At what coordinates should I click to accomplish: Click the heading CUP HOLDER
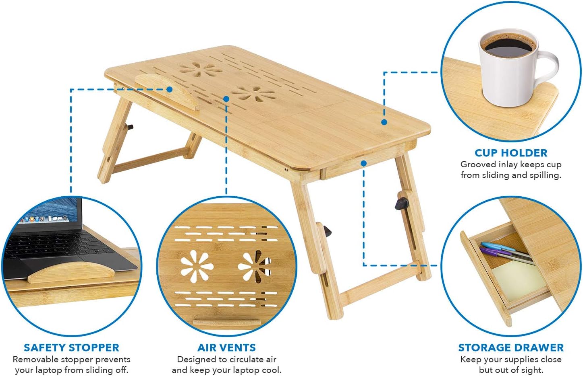[x=511, y=153]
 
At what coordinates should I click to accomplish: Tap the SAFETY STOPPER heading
[x=71, y=348]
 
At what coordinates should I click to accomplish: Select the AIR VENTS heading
[x=226, y=348]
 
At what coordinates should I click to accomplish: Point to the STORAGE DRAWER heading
[x=511, y=348]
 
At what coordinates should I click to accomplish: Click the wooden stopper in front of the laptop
[x=71, y=273]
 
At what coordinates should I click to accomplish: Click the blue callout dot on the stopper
[x=170, y=89]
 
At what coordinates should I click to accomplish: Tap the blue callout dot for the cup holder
[x=384, y=122]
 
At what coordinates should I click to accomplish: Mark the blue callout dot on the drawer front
[x=363, y=163]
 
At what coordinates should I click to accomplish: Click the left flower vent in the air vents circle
[x=197, y=266]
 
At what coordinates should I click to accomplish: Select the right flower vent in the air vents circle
[x=255, y=266]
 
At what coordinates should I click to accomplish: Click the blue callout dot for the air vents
[x=226, y=99]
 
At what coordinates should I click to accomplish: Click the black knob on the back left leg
[x=130, y=127]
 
